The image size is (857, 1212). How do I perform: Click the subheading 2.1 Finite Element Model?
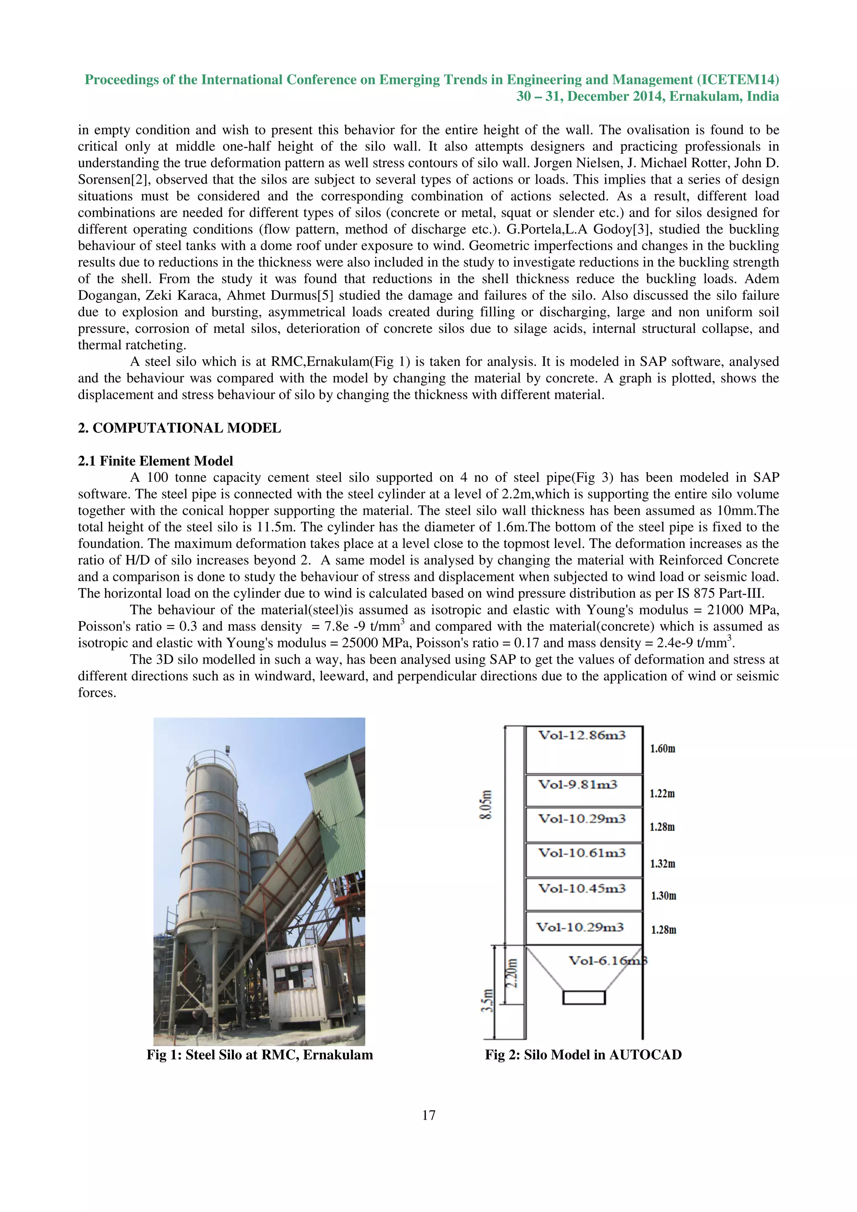click(155, 461)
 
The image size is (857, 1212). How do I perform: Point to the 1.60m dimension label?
click(662, 749)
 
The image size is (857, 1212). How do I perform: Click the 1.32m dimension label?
click(662, 864)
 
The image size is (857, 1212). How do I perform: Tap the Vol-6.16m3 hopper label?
click(607, 961)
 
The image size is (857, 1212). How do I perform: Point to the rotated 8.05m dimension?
click(487, 805)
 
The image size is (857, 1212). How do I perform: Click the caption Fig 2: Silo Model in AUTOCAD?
click(583, 1055)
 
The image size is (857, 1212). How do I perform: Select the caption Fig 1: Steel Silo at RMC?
click(259, 1055)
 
